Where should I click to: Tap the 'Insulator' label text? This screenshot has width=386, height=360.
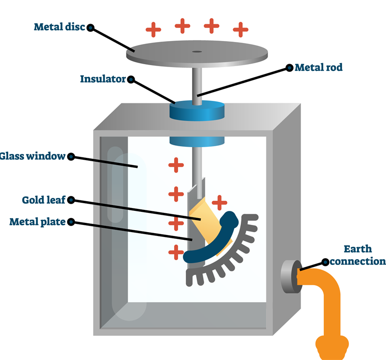(103, 79)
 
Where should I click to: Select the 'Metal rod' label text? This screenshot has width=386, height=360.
(318, 68)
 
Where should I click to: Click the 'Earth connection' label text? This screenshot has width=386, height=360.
(357, 255)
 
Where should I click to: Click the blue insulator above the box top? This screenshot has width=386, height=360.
(197, 111)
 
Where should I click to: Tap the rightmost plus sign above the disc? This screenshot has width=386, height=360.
(240, 29)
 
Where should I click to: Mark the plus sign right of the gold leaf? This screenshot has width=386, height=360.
(220, 202)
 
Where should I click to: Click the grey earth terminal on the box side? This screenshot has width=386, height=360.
(289, 277)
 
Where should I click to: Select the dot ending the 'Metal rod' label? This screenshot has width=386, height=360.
(289, 68)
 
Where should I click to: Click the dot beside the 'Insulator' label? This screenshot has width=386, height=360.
(131, 80)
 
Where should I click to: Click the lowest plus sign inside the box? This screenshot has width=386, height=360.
(176, 251)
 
